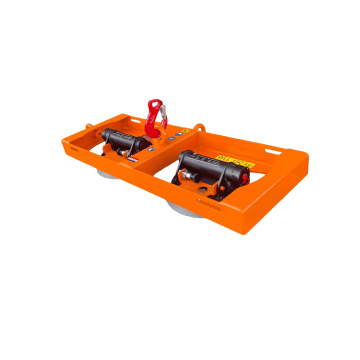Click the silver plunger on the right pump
[x=186, y=179]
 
